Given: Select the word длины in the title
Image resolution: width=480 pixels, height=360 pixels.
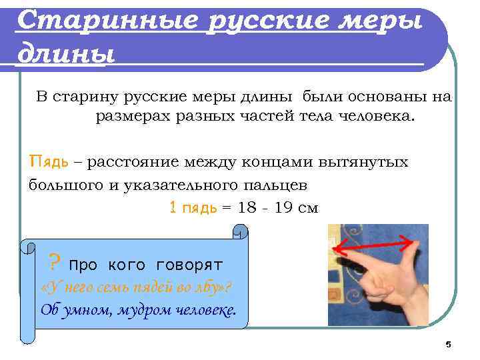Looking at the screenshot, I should pyautogui.click(x=64, y=51).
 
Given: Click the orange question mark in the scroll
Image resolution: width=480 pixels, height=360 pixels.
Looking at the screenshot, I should pyautogui.click(x=56, y=261).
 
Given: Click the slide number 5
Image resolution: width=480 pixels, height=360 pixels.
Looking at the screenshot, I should pyautogui.click(x=448, y=344).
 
